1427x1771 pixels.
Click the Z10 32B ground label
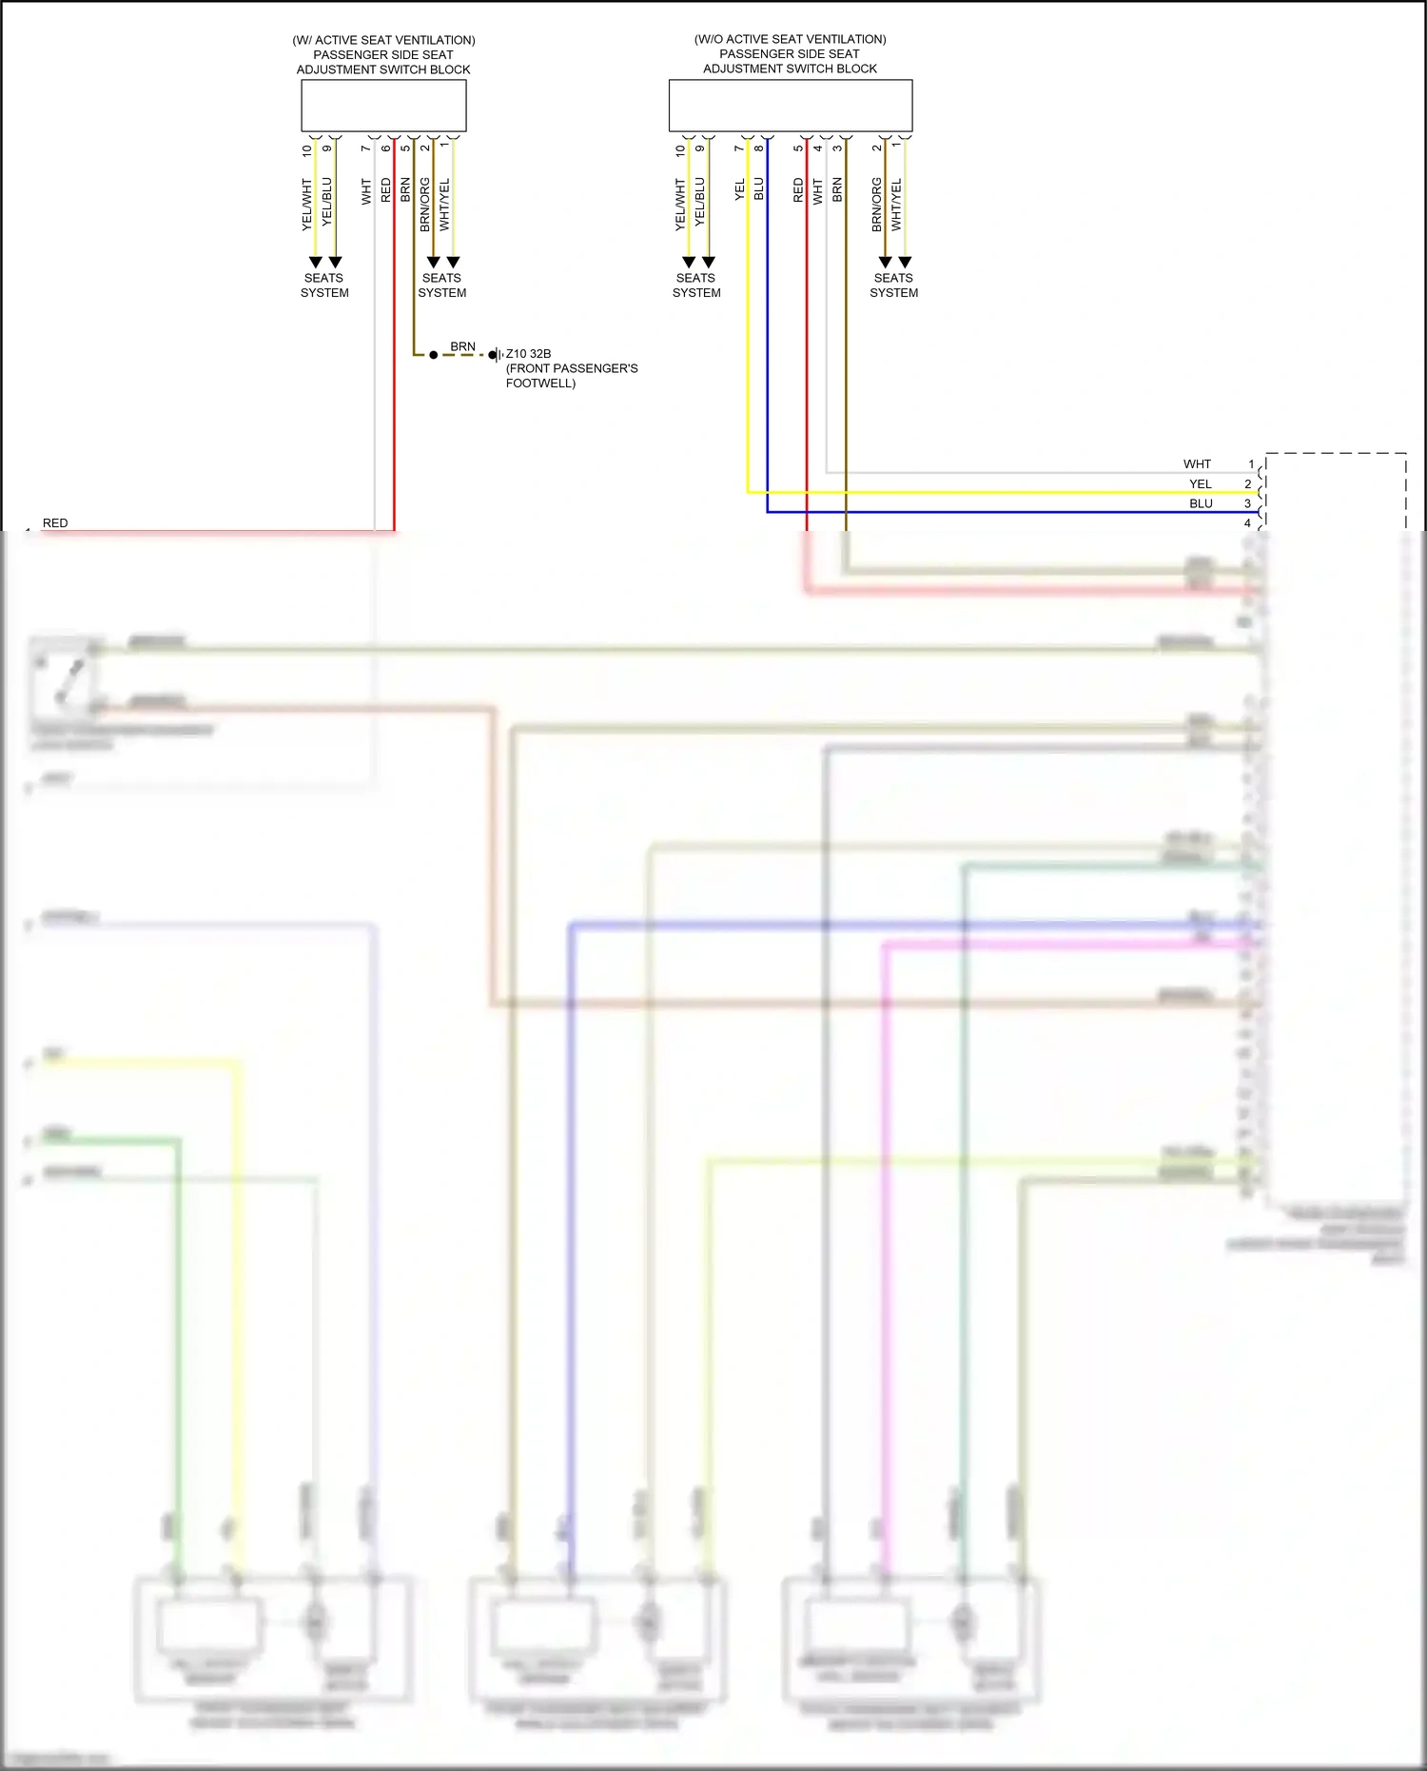[x=528, y=354]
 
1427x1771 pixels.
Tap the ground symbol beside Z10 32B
[x=495, y=355]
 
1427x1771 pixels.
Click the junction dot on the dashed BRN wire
[x=434, y=355]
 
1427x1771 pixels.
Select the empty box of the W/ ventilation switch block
[x=383, y=106]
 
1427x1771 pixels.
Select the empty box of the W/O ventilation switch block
[x=791, y=106]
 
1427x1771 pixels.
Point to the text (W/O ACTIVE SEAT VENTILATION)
[x=790, y=39]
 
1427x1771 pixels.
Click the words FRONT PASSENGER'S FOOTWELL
[x=571, y=376]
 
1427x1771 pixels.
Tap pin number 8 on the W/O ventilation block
[x=758, y=148]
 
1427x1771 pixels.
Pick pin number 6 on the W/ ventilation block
[x=385, y=148]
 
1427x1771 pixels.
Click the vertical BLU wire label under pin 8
[x=758, y=188]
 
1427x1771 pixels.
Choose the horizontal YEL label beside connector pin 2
[x=1201, y=484]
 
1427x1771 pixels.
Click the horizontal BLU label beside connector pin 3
[x=1201, y=503]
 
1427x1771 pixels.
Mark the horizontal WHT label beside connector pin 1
[x=1197, y=464]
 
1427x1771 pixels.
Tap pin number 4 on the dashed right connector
[x=1247, y=523]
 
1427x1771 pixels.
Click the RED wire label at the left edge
[x=55, y=523]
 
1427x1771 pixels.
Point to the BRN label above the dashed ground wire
[x=462, y=346]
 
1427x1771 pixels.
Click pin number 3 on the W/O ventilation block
[x=837, y=148]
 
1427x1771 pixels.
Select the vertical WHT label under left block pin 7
[x=366, y=191]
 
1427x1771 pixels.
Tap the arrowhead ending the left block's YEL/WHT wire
[x=315, y=262]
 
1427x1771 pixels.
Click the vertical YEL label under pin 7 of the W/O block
[x=739, y=189]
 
